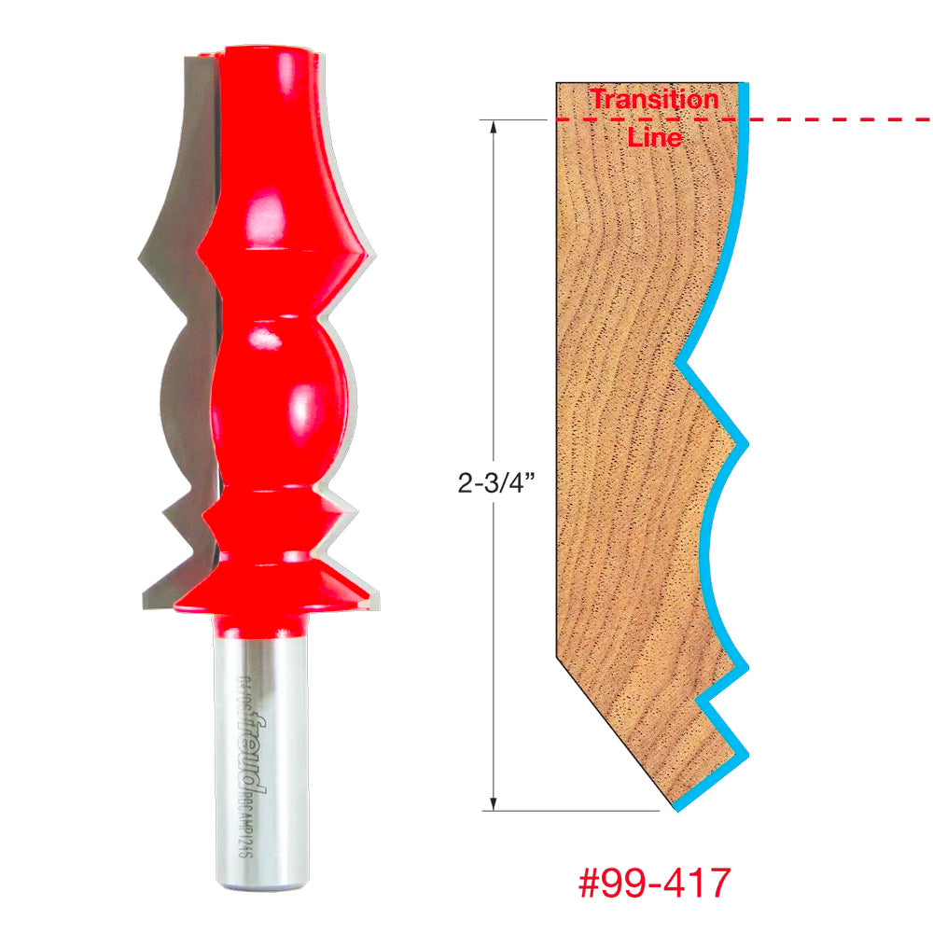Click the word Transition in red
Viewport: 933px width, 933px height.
654,99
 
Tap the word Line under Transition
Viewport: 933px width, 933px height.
654,137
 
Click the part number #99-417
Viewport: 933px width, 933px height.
654,884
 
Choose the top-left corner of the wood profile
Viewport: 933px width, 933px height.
558,84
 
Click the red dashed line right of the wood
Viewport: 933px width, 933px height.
840,119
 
